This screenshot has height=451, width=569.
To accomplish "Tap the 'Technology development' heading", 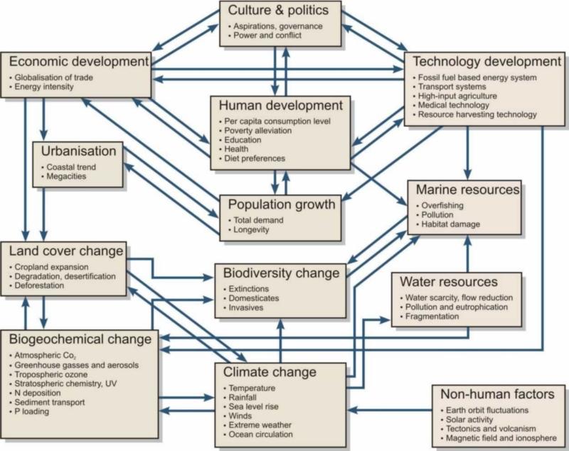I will click(484, 62).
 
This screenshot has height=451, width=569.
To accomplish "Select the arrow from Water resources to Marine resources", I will click(467, 253).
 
